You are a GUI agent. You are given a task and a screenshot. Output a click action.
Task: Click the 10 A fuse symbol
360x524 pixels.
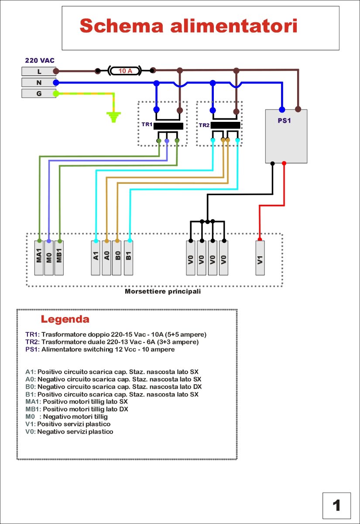pyautogui.click(x=125, y=71)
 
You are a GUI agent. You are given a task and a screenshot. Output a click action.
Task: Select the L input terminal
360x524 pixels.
pyautogui.click(x=39, y=71)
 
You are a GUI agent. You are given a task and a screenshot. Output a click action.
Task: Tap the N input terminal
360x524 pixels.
pyautogui.click(x=39, y=83)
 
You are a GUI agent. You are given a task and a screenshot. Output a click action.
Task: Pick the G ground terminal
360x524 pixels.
pyautogui.click(x=39, y=93)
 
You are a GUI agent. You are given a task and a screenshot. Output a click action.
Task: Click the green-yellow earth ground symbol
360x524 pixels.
pyautogui.click(x=114, y=117)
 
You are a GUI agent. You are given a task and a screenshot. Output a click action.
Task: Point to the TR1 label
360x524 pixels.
pyautogui.click(x=146, y=124)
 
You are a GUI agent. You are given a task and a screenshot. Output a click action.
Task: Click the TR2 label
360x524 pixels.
pyautogui.click(x=204, y=125)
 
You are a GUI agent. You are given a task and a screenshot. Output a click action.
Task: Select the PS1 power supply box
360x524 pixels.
pyautogui.click(x=286, y=136)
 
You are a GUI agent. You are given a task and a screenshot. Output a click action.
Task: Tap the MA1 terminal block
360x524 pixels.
pyautogui.click(x=39, y=258)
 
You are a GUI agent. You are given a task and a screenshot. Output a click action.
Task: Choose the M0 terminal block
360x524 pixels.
pyautogui.click(x=49, y=258)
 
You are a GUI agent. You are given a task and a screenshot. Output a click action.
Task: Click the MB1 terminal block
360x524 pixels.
pyautogui.click(x=59, y=258)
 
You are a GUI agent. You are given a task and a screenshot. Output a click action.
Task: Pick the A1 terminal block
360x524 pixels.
pyautogui.click(x=96, y=258)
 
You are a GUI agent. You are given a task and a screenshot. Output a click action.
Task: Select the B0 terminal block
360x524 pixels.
pyautogui.click(x=117, y=258)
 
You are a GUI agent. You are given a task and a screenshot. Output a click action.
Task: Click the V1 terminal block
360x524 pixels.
pyautogui.click(x=260, y=258)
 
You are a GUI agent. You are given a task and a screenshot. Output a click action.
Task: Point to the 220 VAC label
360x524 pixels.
pyautogui.click(x=39, y=61)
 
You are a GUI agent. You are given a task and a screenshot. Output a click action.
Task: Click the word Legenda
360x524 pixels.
pyautogui.click(x=65, y=319)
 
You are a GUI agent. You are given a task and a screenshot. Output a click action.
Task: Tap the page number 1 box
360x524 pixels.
pyautogui.click(x=336, y=506)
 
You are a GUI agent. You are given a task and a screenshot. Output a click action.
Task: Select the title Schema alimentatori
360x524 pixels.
pyautogui.click(x=189, y=26)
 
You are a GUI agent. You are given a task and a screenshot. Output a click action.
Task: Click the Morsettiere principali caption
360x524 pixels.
pyautogui.click(x=163, y=291)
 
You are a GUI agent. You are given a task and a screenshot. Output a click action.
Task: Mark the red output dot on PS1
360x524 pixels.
pyautogui.click(x=284, y=163)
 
